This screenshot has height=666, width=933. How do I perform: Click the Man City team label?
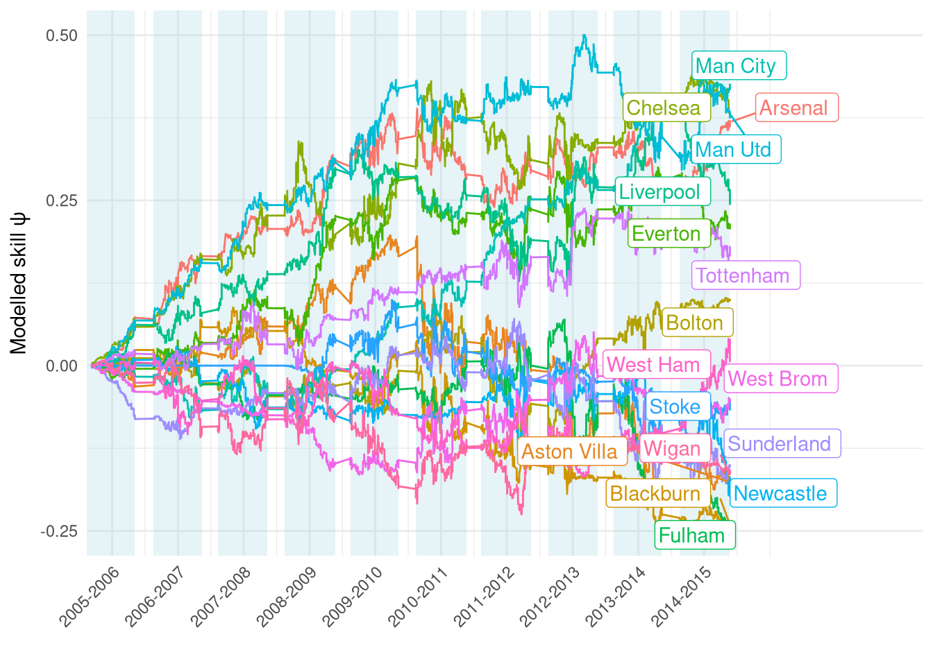739,66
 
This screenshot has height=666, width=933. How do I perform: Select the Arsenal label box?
796,108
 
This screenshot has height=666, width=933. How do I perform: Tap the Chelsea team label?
666,108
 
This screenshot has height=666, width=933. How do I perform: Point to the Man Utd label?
736,150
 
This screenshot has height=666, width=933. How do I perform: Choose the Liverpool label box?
662,191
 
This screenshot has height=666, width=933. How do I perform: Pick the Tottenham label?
746,275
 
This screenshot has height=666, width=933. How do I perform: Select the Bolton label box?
697,323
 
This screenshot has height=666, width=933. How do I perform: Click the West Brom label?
781,379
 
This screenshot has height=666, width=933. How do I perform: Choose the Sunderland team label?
782,444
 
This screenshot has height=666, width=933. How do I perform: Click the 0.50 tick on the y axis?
61,35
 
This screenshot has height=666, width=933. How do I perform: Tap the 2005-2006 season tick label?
90,597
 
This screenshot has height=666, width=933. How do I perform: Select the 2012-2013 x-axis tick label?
551,597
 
